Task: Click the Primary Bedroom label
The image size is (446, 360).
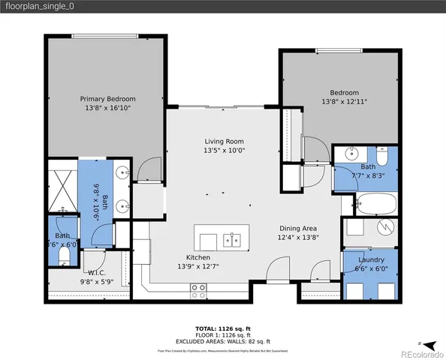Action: (x=108, y=98)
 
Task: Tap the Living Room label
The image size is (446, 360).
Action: (x=225, y=141)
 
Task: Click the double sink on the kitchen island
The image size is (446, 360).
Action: (x=231, y=240)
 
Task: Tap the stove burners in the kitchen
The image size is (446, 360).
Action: (x=199, y=287)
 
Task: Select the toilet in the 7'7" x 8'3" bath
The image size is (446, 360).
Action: (x=381, y=157)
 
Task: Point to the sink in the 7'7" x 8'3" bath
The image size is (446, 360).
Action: (x=351, y=155)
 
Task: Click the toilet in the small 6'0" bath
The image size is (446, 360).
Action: (x=63, y=256)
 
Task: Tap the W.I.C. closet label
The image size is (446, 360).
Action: (x=96, y=272)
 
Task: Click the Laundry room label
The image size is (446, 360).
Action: (x=371, y=259)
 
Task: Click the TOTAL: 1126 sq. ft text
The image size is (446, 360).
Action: (x=222, y=328)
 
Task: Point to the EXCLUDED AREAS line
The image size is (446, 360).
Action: (x=222, y=341)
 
